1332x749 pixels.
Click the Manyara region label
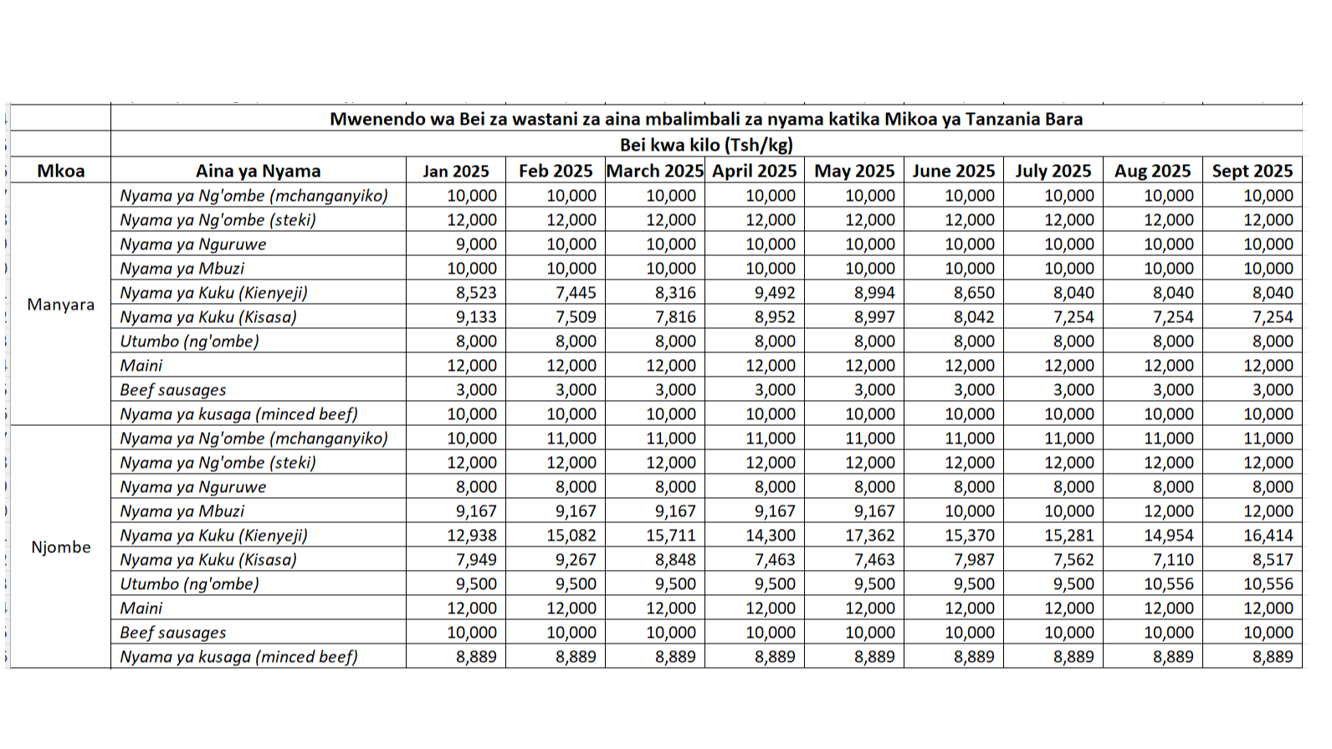pos(60,305)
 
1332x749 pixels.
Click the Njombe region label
pos(60,547)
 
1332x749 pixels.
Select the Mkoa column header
pos(60,171)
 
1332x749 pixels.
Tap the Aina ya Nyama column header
pos(258,171)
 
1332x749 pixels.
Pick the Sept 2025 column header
pos(1252,171)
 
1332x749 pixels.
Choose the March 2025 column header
pos(654,171)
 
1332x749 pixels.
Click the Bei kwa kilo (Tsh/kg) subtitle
pos(705,145)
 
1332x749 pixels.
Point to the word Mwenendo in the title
pos(369,119)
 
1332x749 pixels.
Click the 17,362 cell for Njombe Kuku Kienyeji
pos(869,536)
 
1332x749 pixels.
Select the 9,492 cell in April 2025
pos(774,293)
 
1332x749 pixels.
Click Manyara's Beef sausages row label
pos(173,390)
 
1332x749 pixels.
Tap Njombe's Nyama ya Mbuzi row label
pos(182,511)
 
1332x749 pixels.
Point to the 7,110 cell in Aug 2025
pos(1172,560)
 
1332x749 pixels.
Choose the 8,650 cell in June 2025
pos(973,293)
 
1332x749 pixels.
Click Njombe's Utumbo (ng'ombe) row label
pos(190,584)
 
